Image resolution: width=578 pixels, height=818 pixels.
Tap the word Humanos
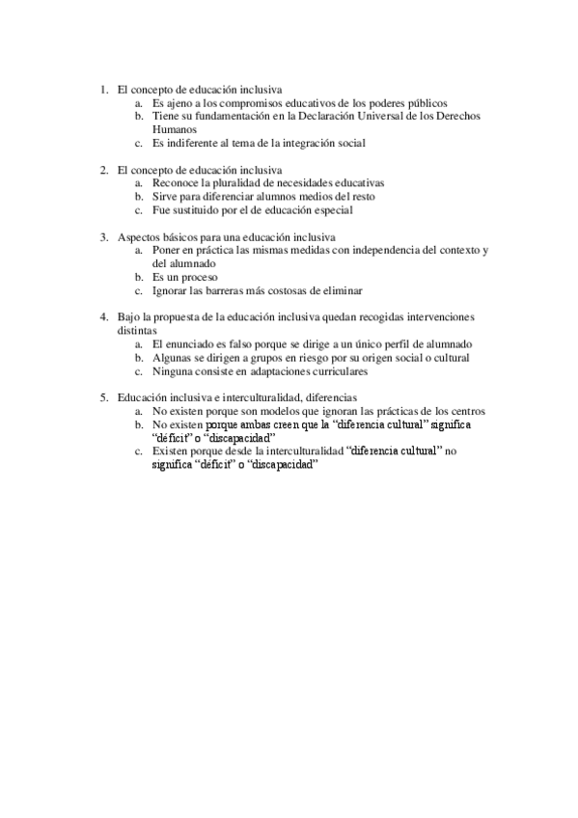[x=175, y=128]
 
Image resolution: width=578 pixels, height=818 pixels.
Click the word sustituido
[x=197, y=209]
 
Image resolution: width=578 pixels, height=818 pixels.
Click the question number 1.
[x=103, y=90]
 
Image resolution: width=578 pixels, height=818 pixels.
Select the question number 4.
[x=103, y=316]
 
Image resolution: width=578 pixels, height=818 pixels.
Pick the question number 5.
[x=103, y=396]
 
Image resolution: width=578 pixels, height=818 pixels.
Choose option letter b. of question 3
[x=139, y=276]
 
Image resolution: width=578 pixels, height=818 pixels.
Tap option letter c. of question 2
[x=139, y=209]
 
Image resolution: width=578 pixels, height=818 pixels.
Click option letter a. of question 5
[x=139, y=410]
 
